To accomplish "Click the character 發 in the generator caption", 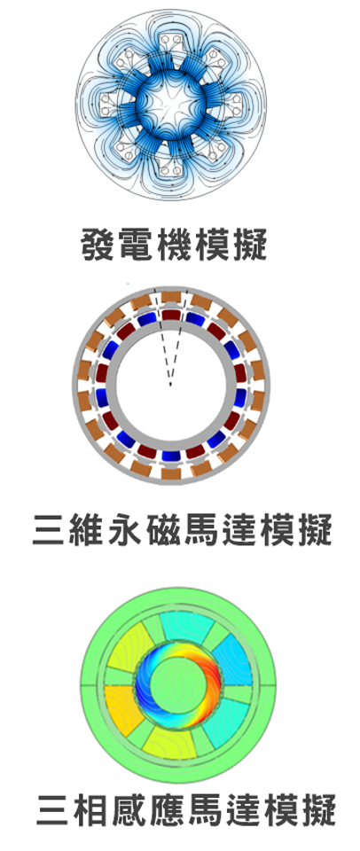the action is coord(98,245).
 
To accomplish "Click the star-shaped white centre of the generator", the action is coord(172,102).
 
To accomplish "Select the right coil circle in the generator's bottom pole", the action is coord(176,171).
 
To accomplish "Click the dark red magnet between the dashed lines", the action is coord(170,315).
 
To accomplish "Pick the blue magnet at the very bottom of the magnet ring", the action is coord(170,457).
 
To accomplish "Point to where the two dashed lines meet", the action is coord(170,386).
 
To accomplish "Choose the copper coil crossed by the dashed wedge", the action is coord(170,298).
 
